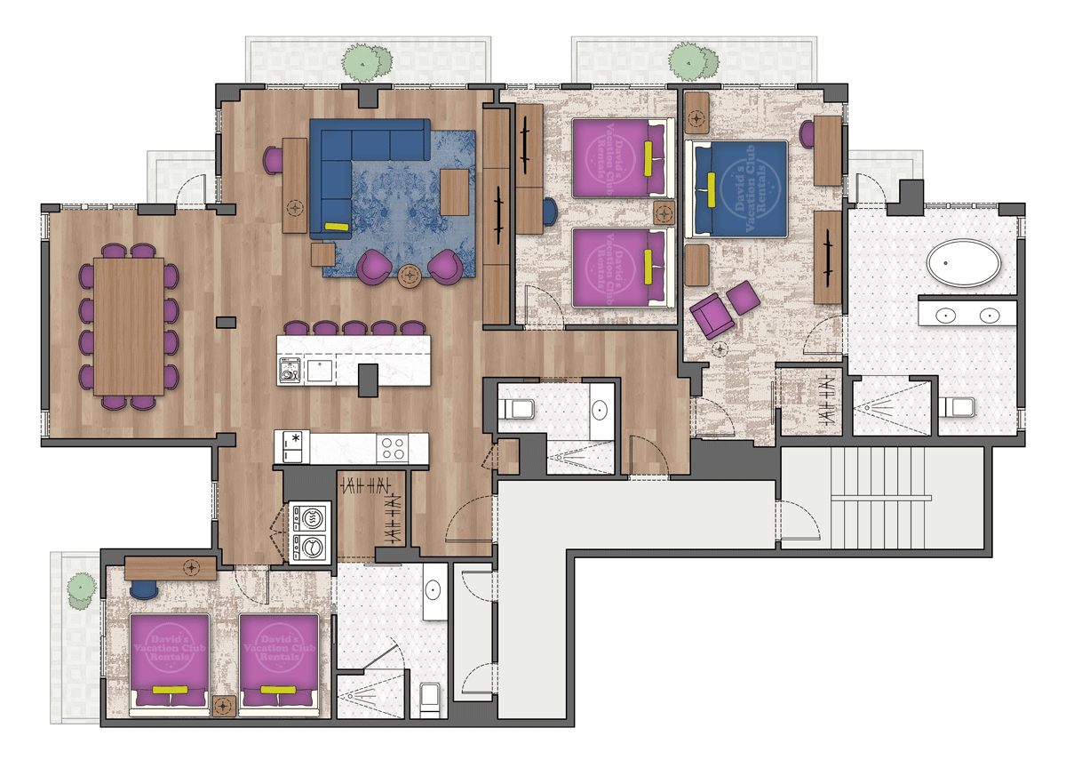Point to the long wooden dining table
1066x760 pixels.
pos(129,325)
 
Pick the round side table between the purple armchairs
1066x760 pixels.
pos(410,276)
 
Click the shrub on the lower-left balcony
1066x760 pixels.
pos(82,588)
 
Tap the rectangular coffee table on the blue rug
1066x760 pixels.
pos(454,192)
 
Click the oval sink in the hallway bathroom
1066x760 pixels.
pos(600,411)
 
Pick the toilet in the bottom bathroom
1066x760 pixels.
pos(431,698)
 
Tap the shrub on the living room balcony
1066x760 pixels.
pos(369,60)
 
